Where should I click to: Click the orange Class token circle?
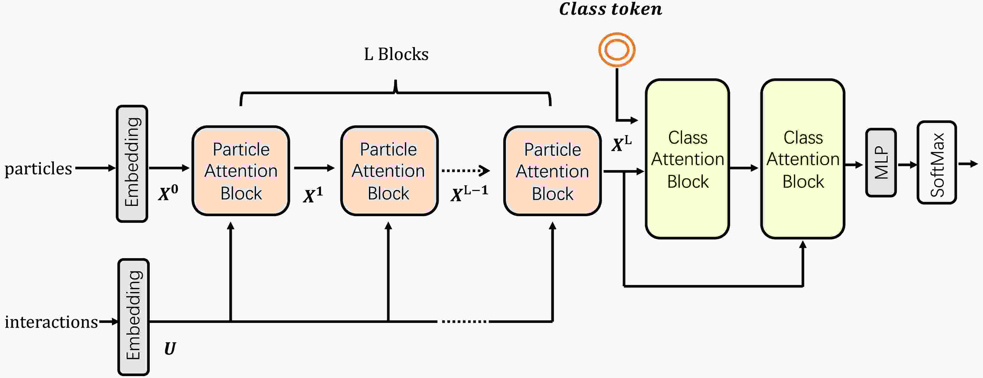(617, 50)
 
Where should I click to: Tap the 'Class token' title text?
(610, 9)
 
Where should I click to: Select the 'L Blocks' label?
(396, 54)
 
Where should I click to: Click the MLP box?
(881, 163)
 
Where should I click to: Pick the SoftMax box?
(936, 163)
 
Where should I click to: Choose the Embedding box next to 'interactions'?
(133, 317)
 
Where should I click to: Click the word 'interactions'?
(51, 322)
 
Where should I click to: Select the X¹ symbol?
(313, 195)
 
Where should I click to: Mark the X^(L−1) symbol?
(469, 194)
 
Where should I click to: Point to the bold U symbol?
(170, 349)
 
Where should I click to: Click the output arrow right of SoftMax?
(968, 164)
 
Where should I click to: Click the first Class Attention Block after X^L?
(687, 159)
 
